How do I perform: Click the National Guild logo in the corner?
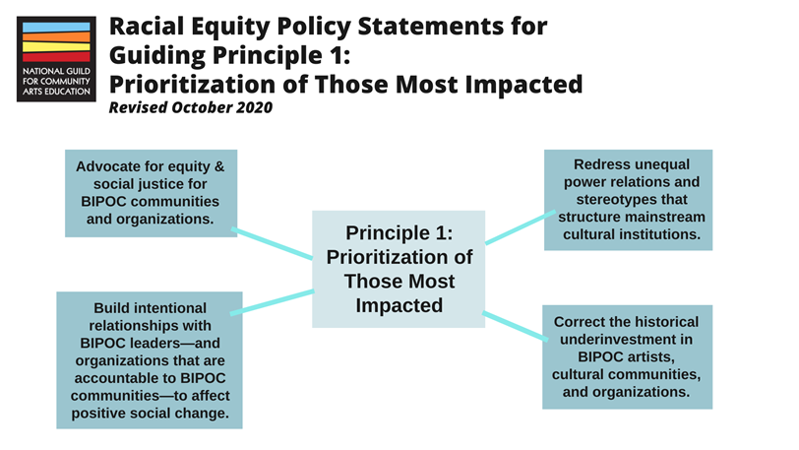56,59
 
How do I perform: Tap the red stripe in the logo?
55,57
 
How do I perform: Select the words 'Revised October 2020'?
190,107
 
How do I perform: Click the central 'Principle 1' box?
399,269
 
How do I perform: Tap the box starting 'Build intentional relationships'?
150,359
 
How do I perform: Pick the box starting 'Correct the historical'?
627,356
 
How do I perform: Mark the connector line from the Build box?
273,302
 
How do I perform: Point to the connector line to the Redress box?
516,228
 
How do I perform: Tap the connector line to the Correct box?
515,324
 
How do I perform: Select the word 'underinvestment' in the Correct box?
627,340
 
